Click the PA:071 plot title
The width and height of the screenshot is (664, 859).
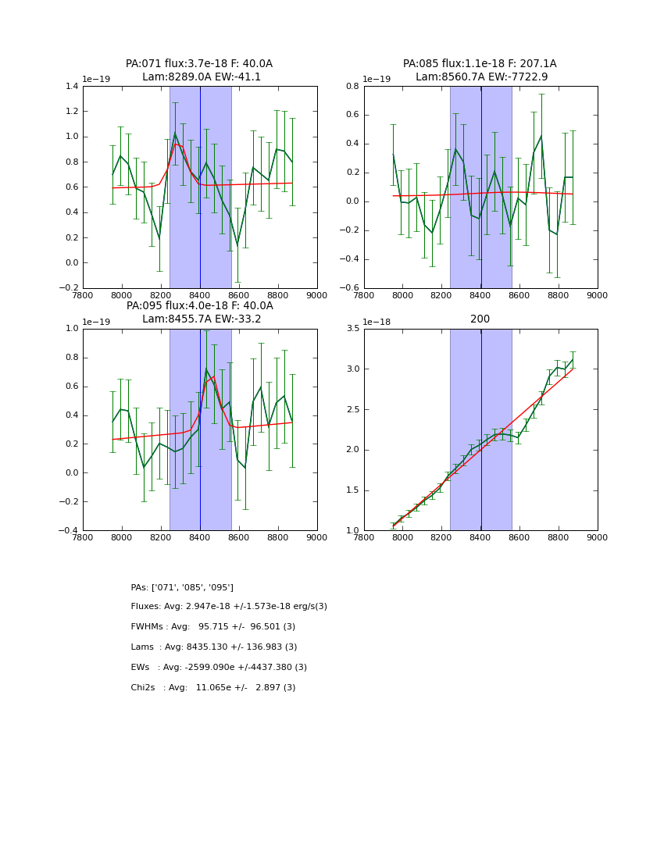(199, 70)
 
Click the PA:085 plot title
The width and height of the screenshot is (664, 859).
(480, 70)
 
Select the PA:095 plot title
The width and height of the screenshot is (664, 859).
(199, 312)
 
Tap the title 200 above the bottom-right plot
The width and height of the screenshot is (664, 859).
(480, 319)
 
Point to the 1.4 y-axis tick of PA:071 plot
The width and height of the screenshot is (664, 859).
(70, 86)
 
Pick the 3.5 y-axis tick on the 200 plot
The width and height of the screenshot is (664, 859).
(351, 329)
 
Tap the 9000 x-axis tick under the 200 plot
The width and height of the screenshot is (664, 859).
(597, 537)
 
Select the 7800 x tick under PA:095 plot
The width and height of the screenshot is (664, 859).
(83, 537)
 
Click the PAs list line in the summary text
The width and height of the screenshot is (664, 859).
(182, 587)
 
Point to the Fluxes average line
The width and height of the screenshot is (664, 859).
(229, 607)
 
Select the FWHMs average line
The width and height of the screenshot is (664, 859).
(212, 627)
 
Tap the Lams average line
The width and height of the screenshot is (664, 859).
(213, 647)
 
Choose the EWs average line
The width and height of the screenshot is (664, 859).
(219, 668)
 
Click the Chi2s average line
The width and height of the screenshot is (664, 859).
(212, 688)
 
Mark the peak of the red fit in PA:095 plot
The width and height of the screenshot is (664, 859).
(213, 376)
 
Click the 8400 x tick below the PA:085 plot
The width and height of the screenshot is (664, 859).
(480, 295)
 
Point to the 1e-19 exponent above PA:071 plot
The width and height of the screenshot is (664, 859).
(97, 79)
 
